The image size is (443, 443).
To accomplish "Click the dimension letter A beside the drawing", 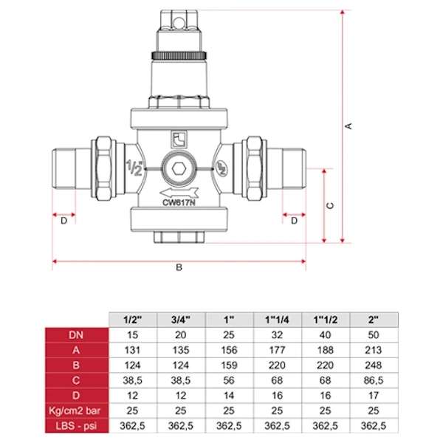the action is point(349,126).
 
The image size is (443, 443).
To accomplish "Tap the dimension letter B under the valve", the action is point(179,267).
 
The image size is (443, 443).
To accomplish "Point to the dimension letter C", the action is point(330,206).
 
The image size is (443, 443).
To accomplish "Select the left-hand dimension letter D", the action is point(64,221).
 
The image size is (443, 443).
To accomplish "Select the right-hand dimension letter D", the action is point(294,221).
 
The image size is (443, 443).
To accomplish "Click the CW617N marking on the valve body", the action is point(179,202).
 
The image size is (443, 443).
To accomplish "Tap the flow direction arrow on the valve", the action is point(179,193).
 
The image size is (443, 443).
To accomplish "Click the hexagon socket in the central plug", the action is point(179,169).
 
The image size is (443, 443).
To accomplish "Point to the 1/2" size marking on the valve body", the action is point(134,168).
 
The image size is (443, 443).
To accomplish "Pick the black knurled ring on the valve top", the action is point(179,55).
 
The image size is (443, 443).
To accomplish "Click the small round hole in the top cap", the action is point(179,21).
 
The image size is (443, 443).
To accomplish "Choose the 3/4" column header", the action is point(181,320).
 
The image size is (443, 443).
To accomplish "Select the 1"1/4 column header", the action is point(277,320).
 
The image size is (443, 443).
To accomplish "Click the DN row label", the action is point(76,335).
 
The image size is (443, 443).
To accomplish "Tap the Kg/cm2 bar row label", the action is point(75,411).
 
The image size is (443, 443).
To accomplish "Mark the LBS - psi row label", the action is point(76,426).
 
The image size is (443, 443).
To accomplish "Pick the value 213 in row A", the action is point(374,350).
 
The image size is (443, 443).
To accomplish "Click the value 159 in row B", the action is point(229,365).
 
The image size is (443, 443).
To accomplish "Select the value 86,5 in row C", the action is point(374,380).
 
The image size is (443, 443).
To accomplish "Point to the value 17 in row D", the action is point(374,396).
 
